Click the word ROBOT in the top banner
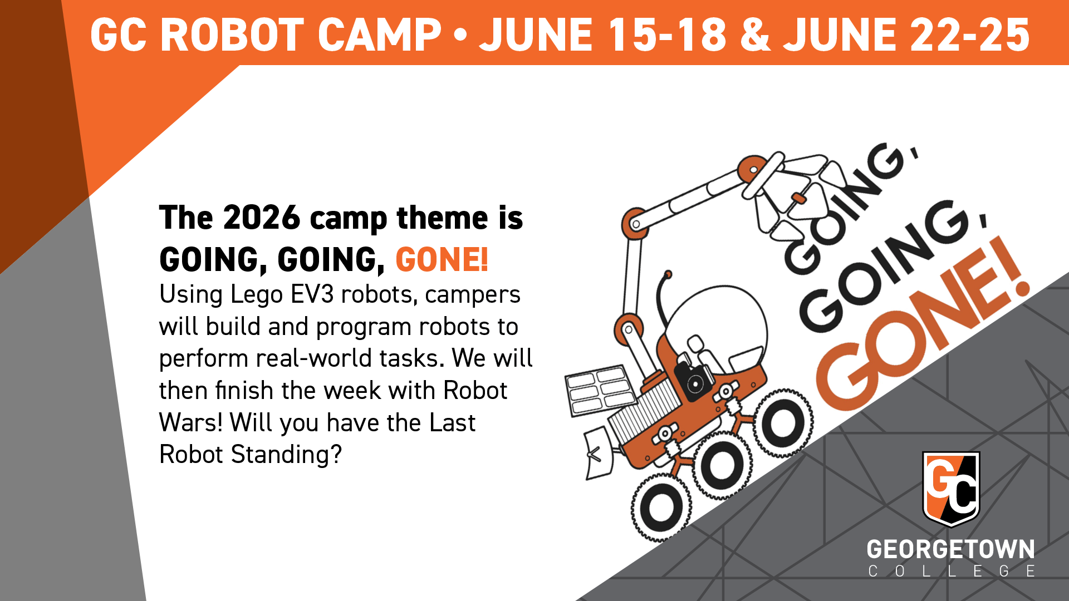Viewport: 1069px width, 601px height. click(231, 35)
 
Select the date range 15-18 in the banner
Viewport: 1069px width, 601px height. click(667, 35)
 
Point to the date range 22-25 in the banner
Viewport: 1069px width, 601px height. click(969, 35)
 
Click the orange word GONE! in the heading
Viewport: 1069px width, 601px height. click(442, 259)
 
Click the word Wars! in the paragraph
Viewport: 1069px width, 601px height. click(190, 422)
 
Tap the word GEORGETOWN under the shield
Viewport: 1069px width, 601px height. click(951, 549)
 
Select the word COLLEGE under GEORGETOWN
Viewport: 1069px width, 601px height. click(952, 571)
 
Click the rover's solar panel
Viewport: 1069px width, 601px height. click(600, 390)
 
